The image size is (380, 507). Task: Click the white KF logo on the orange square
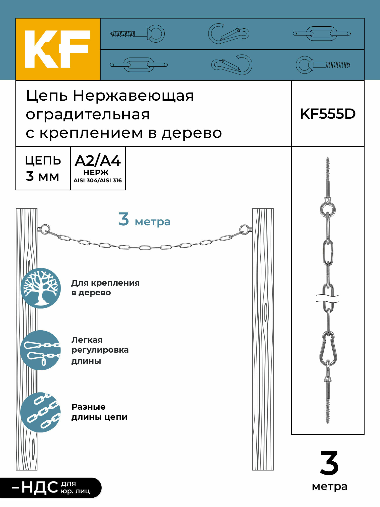tap(58, 49)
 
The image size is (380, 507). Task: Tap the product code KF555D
tap(328, 114)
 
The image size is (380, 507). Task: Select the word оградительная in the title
tap(88, 115)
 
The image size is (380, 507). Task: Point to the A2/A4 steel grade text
tap(98, 161)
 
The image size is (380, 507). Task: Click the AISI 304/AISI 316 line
tap(98, 180)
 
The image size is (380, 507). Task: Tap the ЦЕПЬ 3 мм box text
tap(43, 168)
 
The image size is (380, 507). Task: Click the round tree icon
tap(41, 288)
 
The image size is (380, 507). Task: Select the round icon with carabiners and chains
tap(41, 350)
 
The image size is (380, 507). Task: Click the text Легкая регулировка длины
tap(100, 350)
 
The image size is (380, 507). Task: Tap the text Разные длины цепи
tap(99, 412)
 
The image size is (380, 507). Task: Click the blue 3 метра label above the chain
tap(144, 220)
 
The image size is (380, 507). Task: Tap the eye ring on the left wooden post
tap(45, 229)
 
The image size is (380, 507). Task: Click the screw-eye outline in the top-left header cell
tap(138, 33)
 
